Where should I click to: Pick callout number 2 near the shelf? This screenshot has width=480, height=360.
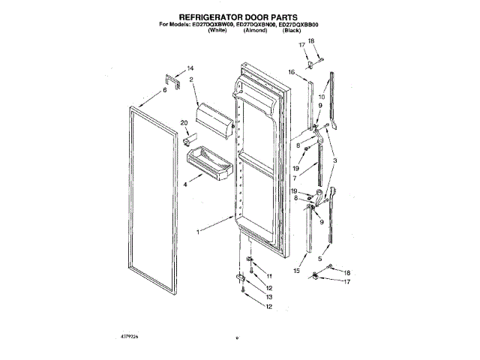pos(192,79)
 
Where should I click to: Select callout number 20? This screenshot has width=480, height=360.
pos(184,123)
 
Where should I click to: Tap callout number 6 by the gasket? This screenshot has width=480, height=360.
pos(163,91)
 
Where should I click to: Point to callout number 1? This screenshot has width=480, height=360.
pos(198,232)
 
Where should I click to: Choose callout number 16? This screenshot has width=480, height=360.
pos(291,71)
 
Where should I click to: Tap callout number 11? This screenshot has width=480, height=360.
pos(270,277)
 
